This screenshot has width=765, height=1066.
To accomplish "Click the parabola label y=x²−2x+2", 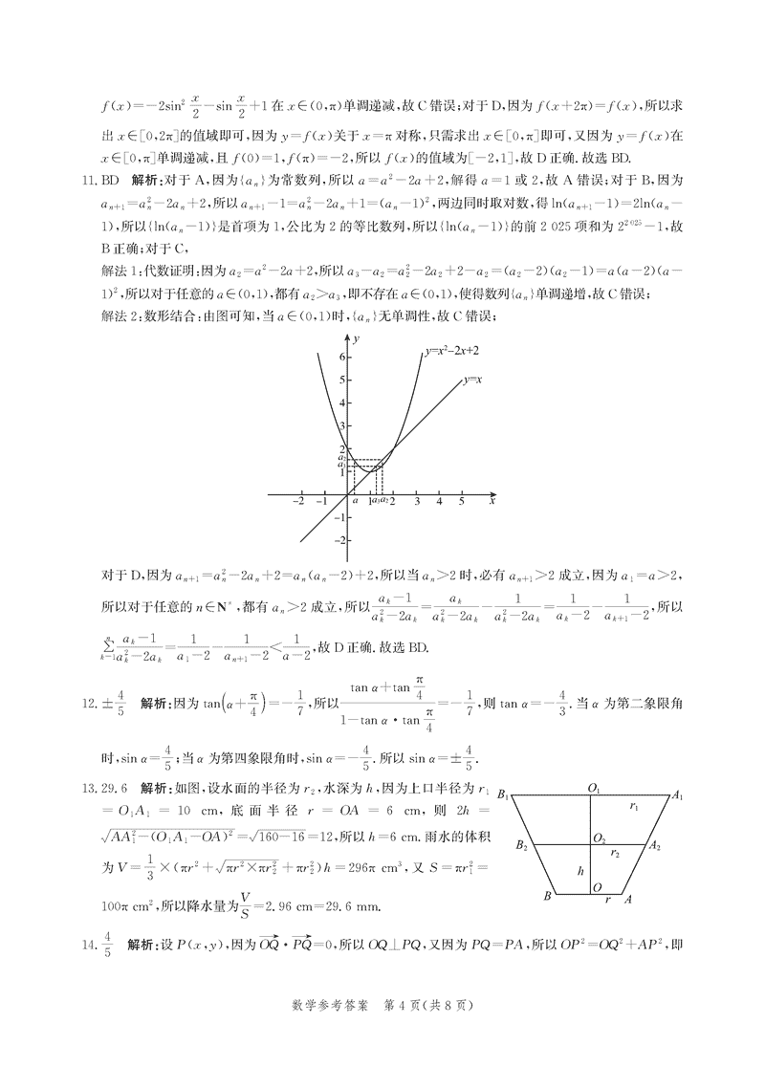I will click(x=451, y=351).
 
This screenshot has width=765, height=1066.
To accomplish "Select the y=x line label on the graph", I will click(x=472, y=380).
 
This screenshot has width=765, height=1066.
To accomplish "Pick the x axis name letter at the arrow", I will click(x=492, y=500).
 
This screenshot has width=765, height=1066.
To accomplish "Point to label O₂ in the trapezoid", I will click(x=599, y=838).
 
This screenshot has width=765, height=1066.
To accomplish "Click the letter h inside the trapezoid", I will click(x=579, y=871).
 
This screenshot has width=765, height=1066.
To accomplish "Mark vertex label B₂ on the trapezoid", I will click(x=521, y=846).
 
